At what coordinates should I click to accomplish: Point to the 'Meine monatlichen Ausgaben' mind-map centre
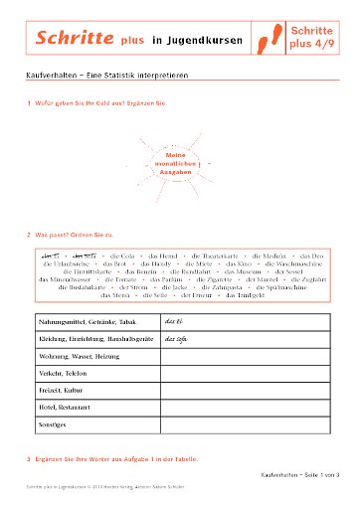pos(175,163)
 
